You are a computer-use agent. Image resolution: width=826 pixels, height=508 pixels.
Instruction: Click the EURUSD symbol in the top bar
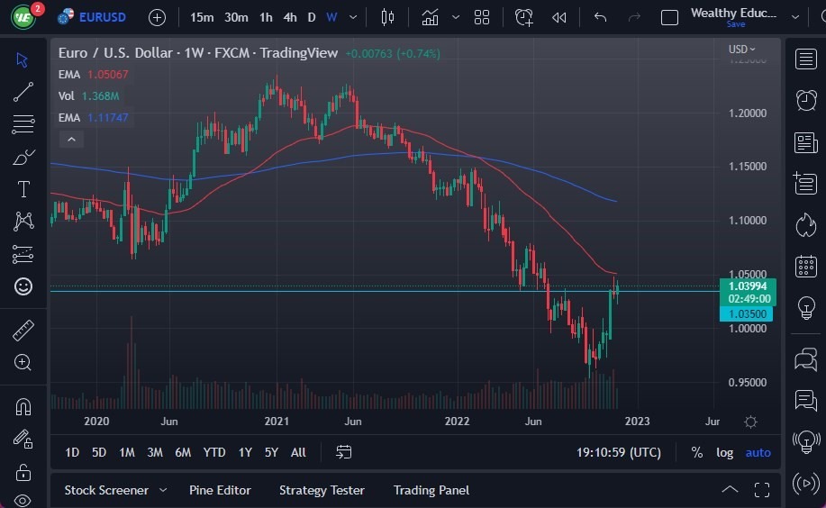pyautogui.click(x=102, y=17)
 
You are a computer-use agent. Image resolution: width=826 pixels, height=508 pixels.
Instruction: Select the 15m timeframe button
pyautogui.click(x=202, y=17)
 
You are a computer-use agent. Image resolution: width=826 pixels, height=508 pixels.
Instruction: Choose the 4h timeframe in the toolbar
pyautogui.click(x=289, y=17)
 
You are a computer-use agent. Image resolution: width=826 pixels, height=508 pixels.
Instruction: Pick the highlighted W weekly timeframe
pyautogui.click(x=331, y=17)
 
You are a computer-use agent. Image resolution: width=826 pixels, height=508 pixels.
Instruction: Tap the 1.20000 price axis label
pyautogui.click(x=747, y=113)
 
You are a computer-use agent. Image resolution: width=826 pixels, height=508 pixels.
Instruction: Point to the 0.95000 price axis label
pyautogui.click(x=747, y=382)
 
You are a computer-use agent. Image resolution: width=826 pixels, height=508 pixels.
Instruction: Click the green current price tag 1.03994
pyautogui.click(x=747, y=286)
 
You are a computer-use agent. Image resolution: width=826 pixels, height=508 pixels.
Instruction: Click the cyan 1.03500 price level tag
pyautogui.click(x=746, y=313)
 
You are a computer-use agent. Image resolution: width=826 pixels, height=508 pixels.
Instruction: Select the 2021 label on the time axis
pyautogui.click(x=277, y=422)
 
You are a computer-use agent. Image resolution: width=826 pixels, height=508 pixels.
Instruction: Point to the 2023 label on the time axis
pyautogui.click(x=637, y=422)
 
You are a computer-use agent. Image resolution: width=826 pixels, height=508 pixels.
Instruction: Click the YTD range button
pyautogui.click(x=214, y=452)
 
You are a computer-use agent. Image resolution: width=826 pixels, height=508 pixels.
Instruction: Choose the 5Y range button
pyautogui.click(x=271, y=452)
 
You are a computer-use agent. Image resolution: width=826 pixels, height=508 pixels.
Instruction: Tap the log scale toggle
pyautogui.click(x=724, y=452)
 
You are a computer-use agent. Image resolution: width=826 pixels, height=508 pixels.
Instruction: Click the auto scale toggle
pyautogui.click(x=758, y=452)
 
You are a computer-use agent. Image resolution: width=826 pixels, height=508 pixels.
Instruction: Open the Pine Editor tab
pyautogui.click(x=220, y=490)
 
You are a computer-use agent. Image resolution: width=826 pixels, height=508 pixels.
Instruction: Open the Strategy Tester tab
pyautogui.click(x=322, y=490)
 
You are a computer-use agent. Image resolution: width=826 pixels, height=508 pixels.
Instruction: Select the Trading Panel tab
pyautogui.click(x=431, y=490)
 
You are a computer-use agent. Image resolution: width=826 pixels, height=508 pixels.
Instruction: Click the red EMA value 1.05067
pyautogui.click(x=107, y=74)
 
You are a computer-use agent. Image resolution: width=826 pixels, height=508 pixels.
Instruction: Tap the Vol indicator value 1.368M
pyautogui.click(x=101, y=95)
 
